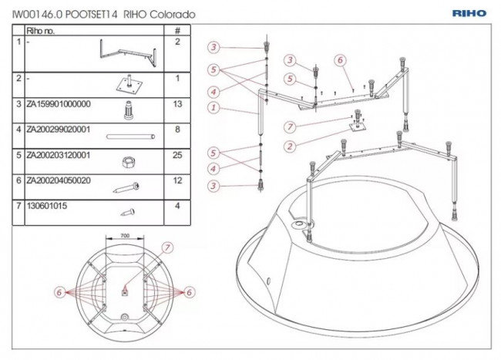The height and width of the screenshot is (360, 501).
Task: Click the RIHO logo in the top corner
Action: coord(469,13)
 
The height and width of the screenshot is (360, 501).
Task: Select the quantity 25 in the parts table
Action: coord(178,155)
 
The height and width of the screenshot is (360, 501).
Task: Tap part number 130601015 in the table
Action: coord(47,207)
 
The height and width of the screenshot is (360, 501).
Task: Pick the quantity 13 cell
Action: coord(178,103)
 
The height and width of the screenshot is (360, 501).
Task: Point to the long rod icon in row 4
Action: coord(128,136)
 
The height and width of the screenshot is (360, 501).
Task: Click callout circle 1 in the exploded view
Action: coord(213,109)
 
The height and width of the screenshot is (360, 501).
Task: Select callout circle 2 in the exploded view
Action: coord(290,146)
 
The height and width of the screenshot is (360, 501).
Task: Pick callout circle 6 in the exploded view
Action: coord(339,60)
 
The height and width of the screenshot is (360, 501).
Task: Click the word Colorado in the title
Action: coord(172,15)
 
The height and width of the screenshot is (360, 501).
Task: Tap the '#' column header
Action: coord(178,31)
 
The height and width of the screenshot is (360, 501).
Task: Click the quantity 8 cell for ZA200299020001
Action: coord(178,130)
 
